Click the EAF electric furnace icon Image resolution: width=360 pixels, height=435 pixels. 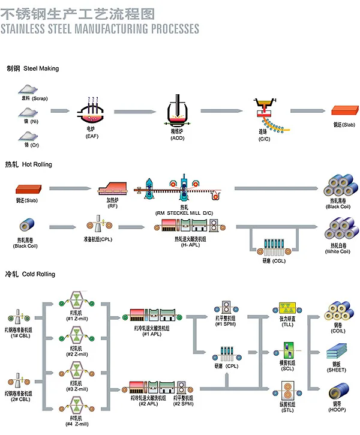tap(91, 112)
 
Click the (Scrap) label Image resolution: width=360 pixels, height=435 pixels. tap(40, 98)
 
